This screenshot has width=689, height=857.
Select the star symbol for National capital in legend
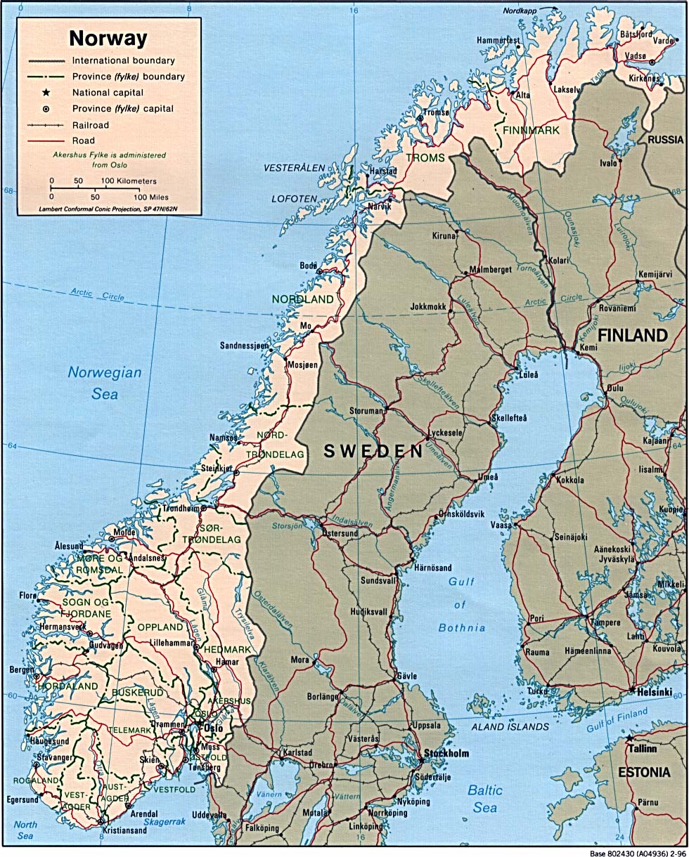point(45,93)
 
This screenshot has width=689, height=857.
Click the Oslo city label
point(212,728)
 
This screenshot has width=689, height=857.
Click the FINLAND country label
point(633,335)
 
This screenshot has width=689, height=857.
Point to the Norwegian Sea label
point(104,384)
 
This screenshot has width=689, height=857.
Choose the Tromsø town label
point(436,112)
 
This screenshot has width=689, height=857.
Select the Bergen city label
point(21,671)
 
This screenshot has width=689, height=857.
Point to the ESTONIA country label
point(643,772)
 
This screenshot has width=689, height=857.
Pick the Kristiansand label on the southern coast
point(125,830)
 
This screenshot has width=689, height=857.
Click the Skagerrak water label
point(164,821)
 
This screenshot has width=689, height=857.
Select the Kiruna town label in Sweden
point(444,236)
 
